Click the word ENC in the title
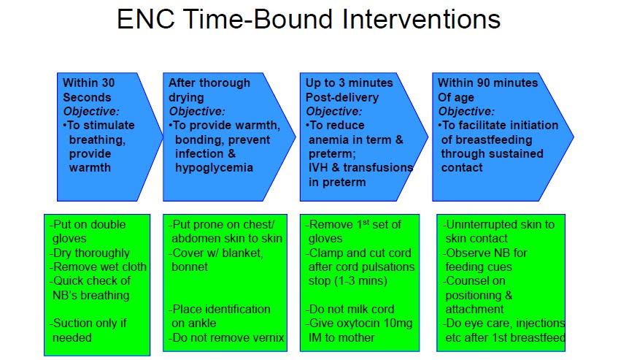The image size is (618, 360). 146,19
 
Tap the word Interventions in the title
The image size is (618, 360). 421,19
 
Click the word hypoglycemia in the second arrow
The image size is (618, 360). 214,168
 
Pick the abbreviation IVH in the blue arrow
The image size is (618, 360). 318,167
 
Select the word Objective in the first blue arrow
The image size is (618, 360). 90,112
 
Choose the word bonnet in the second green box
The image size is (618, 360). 190,267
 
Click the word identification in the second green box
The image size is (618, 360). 239,309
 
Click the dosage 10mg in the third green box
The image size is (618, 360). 398,323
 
